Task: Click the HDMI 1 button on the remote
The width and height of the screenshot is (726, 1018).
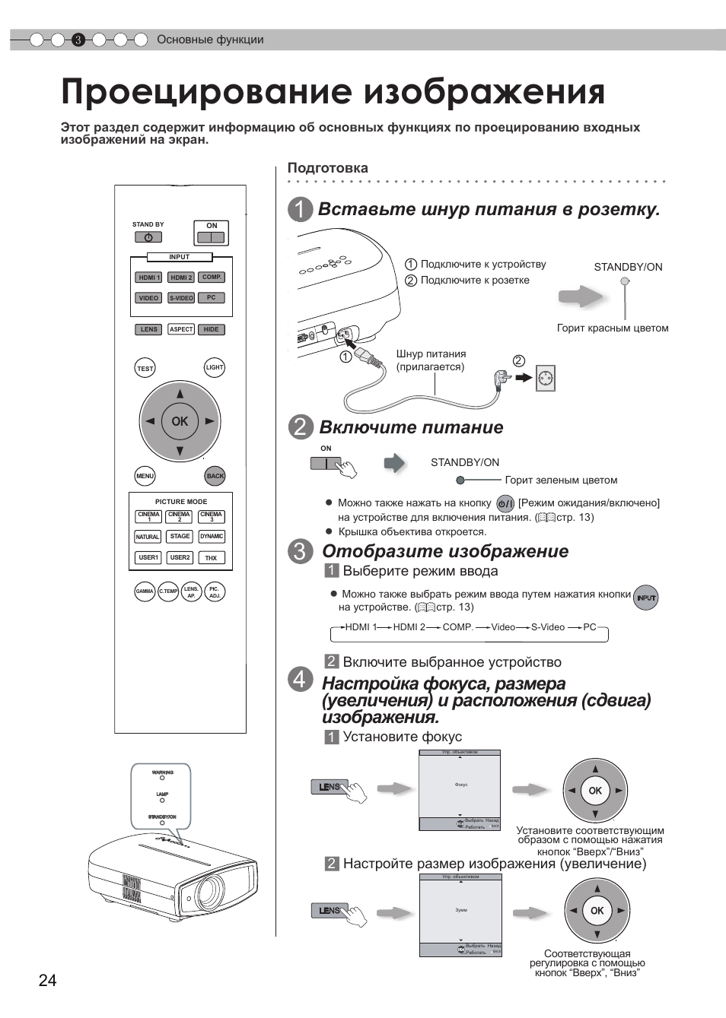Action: pos(148,277)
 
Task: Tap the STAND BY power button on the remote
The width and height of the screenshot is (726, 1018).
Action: pos(148,237)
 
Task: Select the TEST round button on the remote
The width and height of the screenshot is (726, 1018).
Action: pos(145,369)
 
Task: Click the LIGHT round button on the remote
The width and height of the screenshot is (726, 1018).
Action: pos(215,368)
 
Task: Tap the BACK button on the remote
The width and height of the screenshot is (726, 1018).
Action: pos(215,476)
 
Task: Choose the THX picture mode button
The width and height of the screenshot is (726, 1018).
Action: pos(211,558)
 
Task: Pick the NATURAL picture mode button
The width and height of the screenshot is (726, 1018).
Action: pos(148,537)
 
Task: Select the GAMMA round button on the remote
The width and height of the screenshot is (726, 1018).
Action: pos(145,591)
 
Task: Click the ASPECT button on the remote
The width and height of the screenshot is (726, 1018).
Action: pos(181,329)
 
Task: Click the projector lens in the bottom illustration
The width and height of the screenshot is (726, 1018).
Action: pos(207,890)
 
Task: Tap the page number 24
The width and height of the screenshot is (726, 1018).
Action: pos(47,981)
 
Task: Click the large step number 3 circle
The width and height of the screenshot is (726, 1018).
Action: pos(300,552)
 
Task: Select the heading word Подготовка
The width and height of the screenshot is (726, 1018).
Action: pos(327,168)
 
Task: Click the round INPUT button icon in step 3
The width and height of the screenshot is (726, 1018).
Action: pos(646,598)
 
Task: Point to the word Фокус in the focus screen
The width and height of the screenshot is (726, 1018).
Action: pos(461,785)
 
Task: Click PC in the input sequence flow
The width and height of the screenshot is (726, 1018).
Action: pos(590,627)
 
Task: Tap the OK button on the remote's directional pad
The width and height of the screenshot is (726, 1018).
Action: pos(180,421)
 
